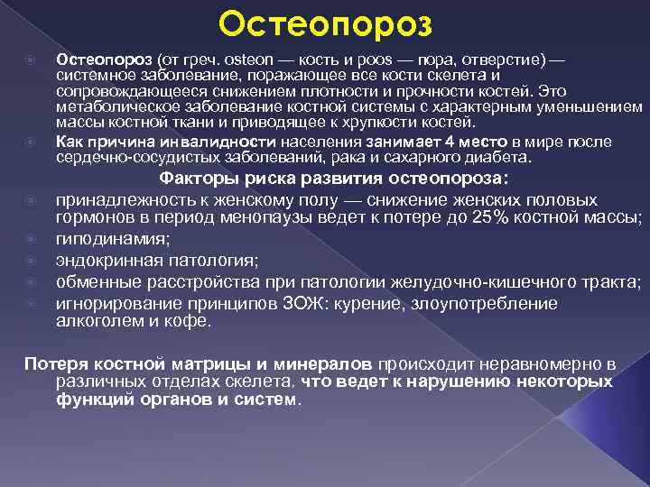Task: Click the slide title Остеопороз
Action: point(325,22)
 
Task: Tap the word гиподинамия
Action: point(110,239)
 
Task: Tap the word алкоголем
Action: point(100,321)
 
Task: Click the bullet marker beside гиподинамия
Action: point(30,239)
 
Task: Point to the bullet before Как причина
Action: point(30,142)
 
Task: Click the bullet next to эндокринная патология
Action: point(30,261)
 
